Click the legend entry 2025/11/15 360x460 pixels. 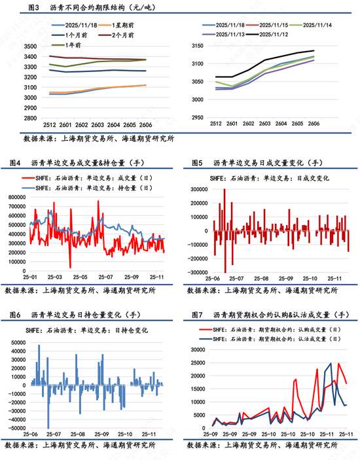[x=276, y=24]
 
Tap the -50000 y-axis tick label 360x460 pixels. [x=14, y=427]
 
